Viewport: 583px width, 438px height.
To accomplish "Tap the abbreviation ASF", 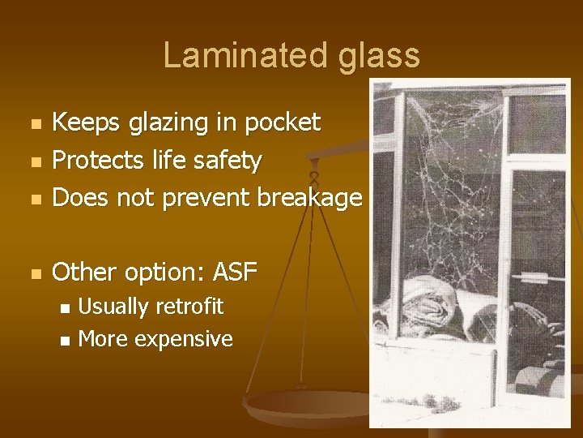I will coord(235,273).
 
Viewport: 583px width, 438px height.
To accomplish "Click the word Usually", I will coord(113,307).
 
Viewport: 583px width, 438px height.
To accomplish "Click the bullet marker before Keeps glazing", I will coord(33,125).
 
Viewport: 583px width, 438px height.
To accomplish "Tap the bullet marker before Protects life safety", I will coord(33,162).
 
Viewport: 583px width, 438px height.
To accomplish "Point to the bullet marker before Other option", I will coord(33,275).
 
